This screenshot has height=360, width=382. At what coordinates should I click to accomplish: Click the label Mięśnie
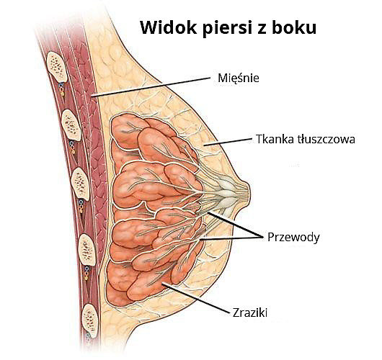(x=239, y=78)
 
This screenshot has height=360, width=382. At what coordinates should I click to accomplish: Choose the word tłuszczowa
(x=327, y=139)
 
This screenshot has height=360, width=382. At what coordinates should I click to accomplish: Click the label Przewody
(x=293, y=237)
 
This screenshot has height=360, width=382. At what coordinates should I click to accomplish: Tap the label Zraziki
(x=250, y=312)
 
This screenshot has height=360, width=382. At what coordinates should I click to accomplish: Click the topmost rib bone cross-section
(x=57, y=66)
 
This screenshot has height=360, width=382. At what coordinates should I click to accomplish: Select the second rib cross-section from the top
(x=71, y=125)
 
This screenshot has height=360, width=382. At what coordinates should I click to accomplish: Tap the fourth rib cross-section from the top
(x=87, y=250)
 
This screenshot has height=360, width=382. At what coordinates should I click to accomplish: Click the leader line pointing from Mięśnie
(x=151, y=87)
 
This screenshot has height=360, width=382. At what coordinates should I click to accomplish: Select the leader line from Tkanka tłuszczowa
(x=228, y=142)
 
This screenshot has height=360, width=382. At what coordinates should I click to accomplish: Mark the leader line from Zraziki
(x=196, y=297)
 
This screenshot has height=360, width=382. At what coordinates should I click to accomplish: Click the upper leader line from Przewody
(x=236, y=225)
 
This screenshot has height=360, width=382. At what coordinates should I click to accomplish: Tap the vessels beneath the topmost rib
(x=62, y=89)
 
